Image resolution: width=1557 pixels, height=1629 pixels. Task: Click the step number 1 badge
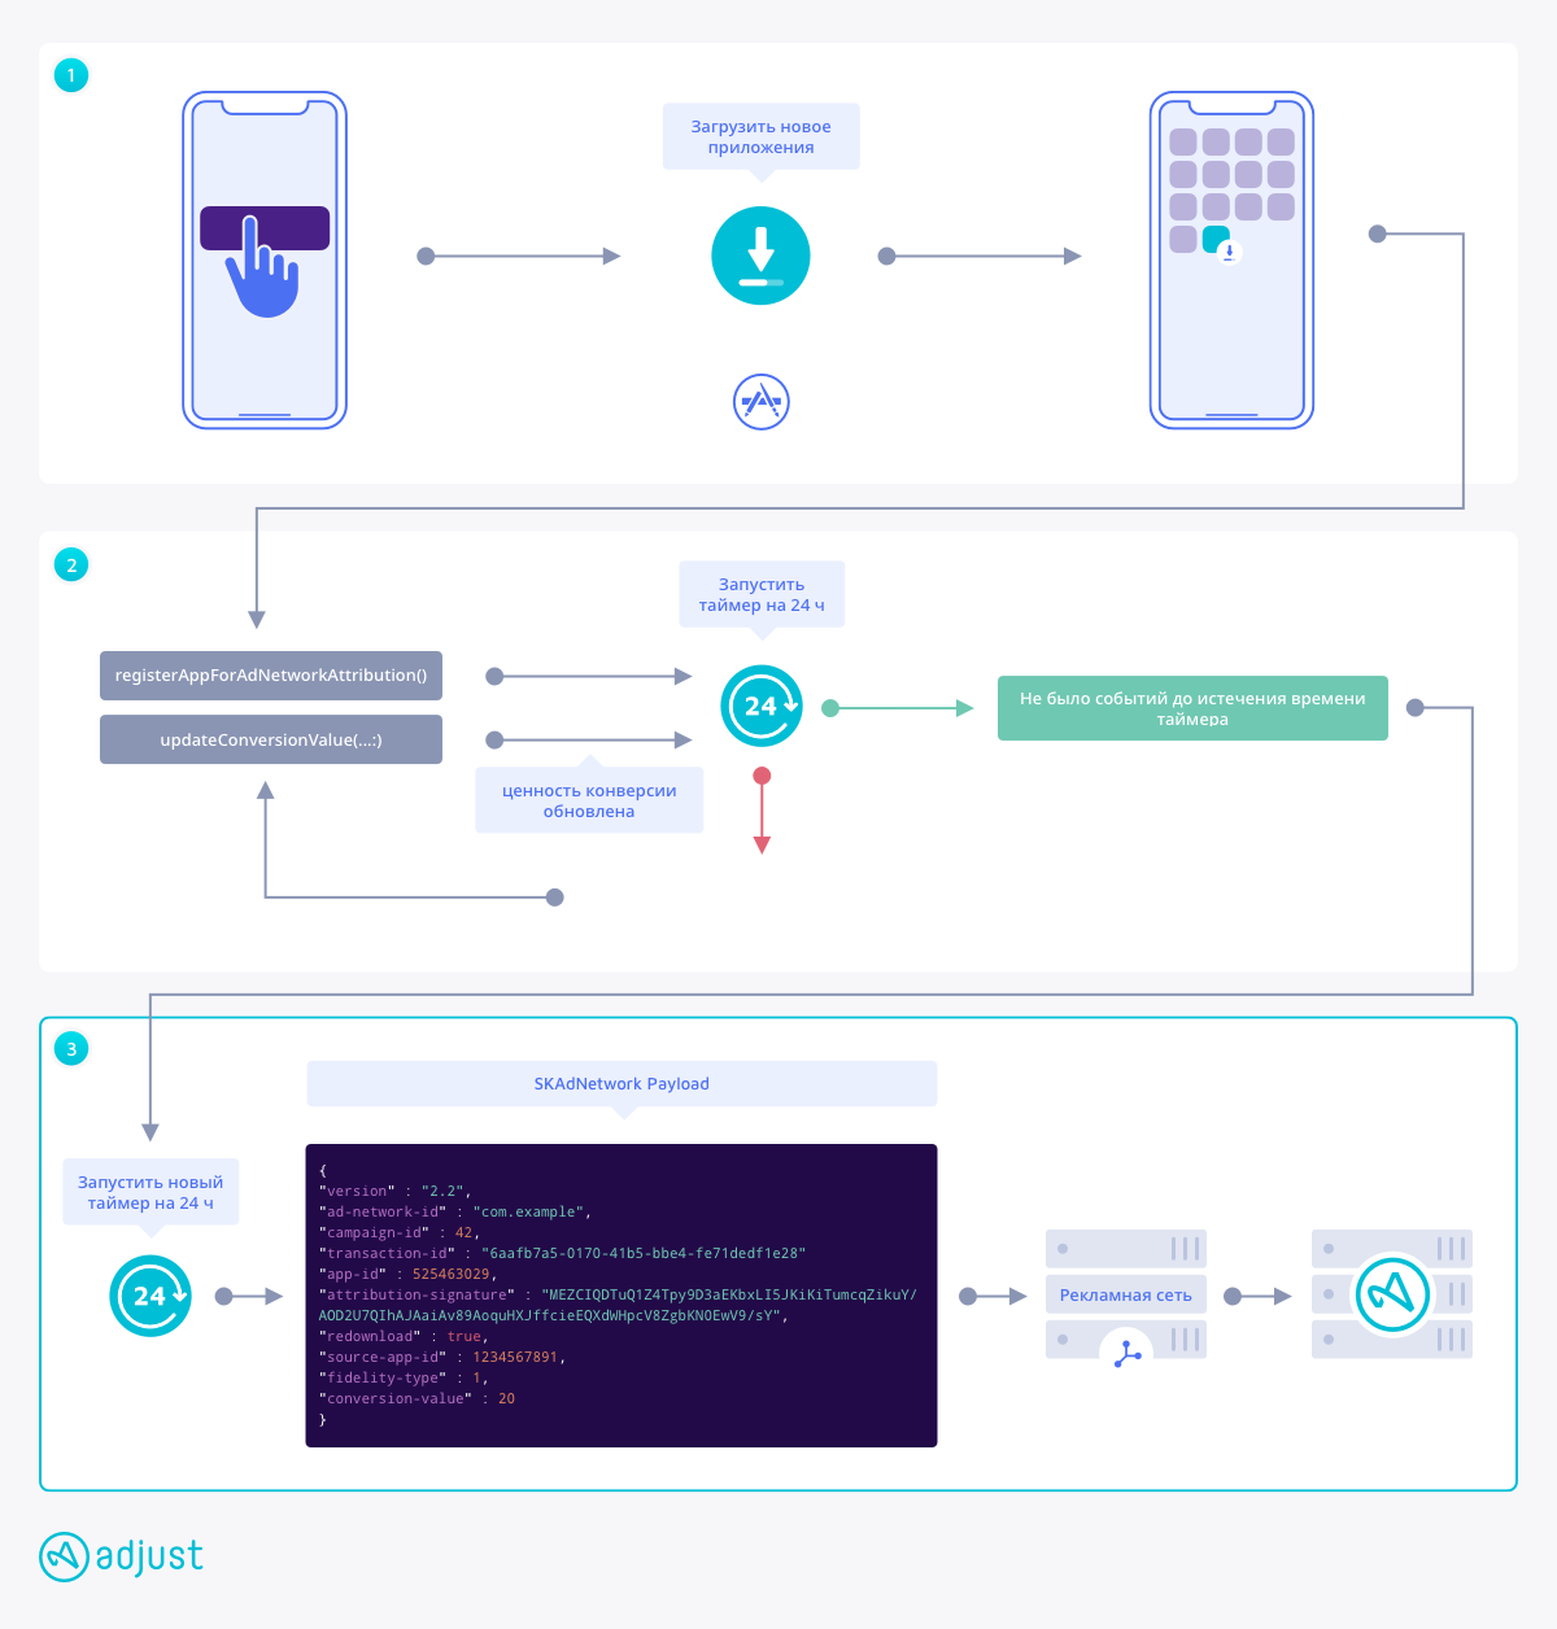pos(71,76)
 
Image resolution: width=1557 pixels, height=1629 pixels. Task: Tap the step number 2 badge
pos(71,565)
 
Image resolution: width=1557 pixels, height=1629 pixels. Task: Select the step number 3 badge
pos(71,1049)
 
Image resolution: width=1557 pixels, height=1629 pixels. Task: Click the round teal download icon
pos(760,256)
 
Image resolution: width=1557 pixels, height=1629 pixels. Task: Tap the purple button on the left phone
pos(265,228)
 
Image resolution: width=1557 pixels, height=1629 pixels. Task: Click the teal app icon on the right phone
pos(1216,239)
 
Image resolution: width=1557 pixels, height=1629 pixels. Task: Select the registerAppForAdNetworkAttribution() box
pos(270,676)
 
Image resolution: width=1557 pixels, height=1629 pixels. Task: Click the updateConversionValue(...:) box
pos(270,739)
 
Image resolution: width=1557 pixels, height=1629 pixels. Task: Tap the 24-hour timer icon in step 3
pos(150,1296)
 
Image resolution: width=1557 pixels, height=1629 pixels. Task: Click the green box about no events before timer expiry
pos(1193,708)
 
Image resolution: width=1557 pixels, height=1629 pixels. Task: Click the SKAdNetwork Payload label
pos(622,1084)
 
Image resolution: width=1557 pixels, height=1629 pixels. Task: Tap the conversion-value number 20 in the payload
pos(506,1398)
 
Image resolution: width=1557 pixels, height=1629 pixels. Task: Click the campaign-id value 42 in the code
pos(463,1232)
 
